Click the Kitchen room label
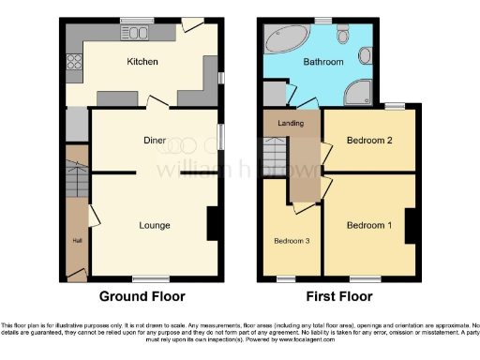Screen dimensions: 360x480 (142, 62)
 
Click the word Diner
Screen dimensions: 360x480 (155, 140)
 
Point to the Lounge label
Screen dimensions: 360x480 (154, 225)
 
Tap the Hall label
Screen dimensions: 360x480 (77, 240)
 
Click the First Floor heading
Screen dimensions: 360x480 (337, 296)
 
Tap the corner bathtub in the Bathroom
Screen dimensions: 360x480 (282, 40)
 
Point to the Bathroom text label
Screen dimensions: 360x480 (322, 62)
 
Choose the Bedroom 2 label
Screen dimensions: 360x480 (368, 141)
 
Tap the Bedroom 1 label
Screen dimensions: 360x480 (368, 225)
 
